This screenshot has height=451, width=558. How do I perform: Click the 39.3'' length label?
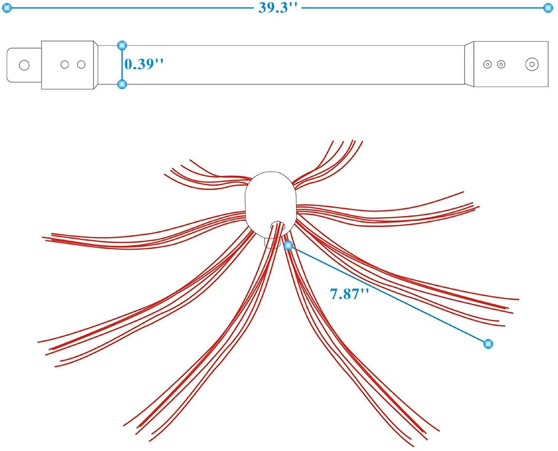point(278,7)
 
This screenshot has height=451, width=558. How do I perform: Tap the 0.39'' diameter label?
point(144,64)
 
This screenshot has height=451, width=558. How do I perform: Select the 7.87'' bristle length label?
point(349,294)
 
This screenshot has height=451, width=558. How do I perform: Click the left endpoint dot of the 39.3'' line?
point(7,8)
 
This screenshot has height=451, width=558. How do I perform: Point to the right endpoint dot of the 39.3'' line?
point(548,8)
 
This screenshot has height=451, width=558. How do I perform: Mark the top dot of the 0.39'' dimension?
point(122,46)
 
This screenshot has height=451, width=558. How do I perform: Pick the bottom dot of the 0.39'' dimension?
point(122,84)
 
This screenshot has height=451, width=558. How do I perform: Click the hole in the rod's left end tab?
point(24,65)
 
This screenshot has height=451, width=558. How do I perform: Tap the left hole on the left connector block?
point(64,65)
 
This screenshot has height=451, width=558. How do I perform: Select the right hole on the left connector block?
point(81,65)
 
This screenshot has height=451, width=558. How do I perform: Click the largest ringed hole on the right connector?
point(532,64)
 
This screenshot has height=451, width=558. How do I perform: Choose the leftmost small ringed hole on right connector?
point(487,64)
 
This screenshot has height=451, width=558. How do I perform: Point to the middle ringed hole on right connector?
point(501,64)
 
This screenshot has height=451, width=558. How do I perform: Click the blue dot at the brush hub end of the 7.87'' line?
point(288,245)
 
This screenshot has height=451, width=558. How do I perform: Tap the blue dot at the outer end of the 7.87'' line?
point(488,344)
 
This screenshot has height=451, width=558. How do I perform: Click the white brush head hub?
point(270,197)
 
